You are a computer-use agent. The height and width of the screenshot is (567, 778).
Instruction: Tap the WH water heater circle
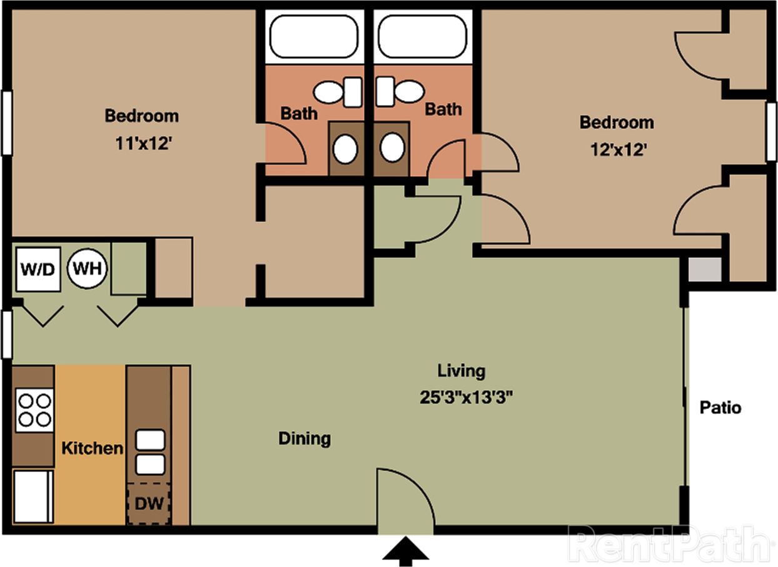(88, 269)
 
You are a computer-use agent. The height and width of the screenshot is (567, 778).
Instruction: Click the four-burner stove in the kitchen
(34, 409)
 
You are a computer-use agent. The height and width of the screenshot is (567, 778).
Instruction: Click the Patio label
(720, 408)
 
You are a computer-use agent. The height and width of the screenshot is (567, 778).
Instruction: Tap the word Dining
(305, 439)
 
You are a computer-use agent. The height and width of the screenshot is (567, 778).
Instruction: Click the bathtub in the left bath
(312, 36)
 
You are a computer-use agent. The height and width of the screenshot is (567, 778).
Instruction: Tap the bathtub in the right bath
(422, 36)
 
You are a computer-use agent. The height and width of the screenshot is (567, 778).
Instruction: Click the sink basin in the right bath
(392, 148)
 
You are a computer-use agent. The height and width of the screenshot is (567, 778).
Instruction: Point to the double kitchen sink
(150, 452)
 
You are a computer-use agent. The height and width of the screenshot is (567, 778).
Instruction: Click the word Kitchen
(92, 448)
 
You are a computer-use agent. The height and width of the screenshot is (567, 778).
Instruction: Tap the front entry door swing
(405, 500)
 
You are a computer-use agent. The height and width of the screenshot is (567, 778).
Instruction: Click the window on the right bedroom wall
(771, 131)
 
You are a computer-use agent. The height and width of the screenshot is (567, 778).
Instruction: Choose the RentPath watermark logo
(668, 544)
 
